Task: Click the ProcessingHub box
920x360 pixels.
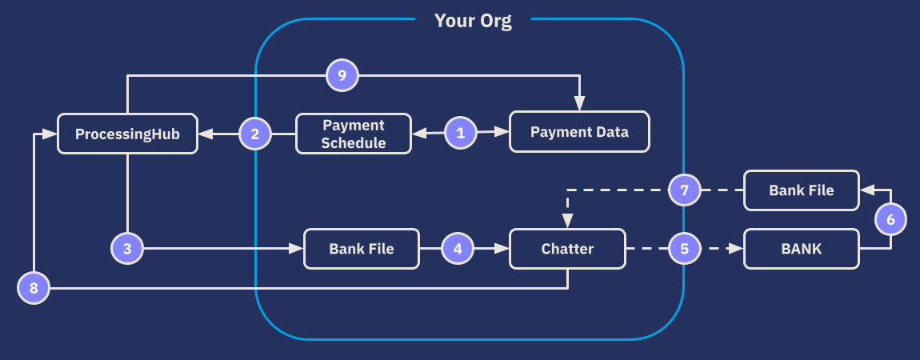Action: click(127, 134)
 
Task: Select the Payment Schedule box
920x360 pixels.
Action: click(354, 134)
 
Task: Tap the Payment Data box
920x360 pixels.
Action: click(579, 132)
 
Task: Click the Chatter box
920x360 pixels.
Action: click(567, 249)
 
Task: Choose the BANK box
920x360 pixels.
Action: click(802, 249)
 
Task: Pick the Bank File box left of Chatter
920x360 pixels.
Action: click(362, 249)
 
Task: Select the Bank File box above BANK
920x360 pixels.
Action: click(802, 190)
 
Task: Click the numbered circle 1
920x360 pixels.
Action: click(460, 133)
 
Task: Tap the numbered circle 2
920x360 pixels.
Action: click(255, 134)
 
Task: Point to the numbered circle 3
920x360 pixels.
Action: click(127, 249)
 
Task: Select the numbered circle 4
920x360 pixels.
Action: click(458, 249)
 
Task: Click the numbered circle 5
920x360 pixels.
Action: click(684, 249)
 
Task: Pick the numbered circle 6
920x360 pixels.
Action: click(890, 218)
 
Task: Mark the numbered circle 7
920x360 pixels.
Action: click(684, 190)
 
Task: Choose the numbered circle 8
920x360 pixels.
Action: click(34, 287)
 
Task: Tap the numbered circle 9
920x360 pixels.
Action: click(342, 76)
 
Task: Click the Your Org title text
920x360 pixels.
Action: click(473, 21)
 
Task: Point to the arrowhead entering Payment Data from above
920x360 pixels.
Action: click(580, 105)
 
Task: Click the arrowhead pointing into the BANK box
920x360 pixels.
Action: click(737, 249)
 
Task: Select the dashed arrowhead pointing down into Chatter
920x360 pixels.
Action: click(567, 222)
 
